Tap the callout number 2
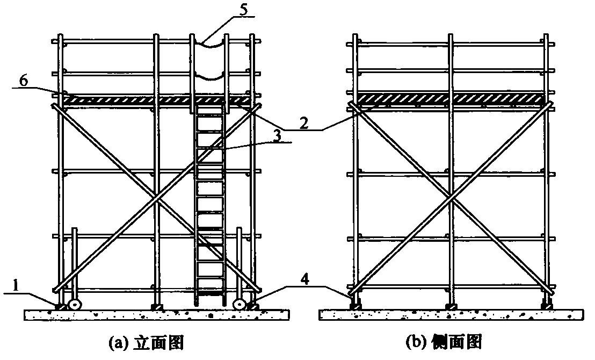[303, 123]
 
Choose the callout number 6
[23, 82]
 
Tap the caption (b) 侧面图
[444, 342]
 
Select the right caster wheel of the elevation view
[240, 305]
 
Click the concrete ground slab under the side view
[451, 315]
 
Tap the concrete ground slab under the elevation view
[157, 315]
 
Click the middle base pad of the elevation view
[156, 306]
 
